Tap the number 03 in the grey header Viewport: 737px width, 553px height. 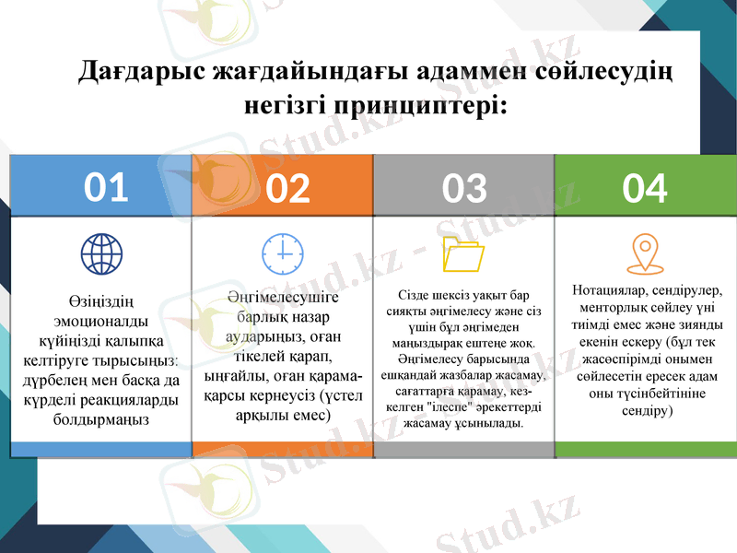(x=463, y=188)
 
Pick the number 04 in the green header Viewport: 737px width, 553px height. (x=645, y=188)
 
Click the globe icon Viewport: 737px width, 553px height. (x=101, y=252)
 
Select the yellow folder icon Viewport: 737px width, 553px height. (x=463, y=254)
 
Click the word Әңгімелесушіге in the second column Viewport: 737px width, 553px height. (x=283, y=298)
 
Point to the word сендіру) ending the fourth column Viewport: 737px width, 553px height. (x=645, y=411)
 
